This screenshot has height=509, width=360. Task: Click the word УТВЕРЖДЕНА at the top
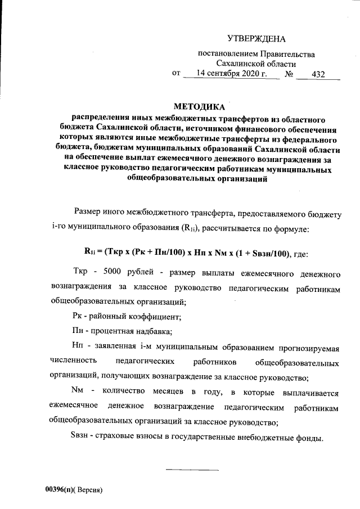(256, 39)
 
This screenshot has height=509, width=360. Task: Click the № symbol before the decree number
(291, 74)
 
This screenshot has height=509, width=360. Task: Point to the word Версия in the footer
(91, 490)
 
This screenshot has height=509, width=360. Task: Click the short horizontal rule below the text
(192, 469)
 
